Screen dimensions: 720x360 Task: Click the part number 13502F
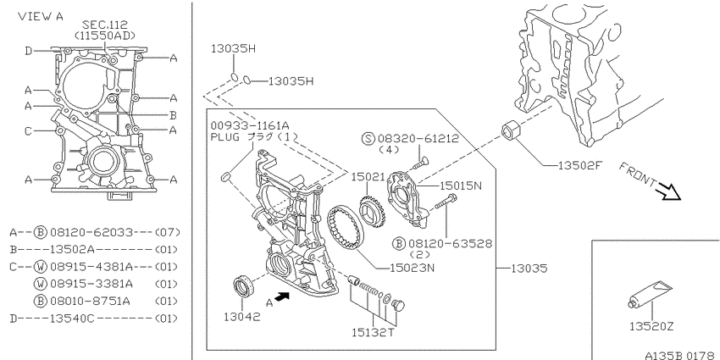(579, 165)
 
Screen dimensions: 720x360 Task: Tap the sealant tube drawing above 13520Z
(650, 296)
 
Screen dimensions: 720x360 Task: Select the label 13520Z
(651, 326)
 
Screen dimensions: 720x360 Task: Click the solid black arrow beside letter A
(283, 296)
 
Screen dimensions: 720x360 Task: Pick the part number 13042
(242, 317)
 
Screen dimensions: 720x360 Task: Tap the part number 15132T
(373, 332)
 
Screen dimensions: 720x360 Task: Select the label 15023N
(412, 267)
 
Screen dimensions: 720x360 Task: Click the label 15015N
(461, 186)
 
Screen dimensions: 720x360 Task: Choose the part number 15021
(368, 177)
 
